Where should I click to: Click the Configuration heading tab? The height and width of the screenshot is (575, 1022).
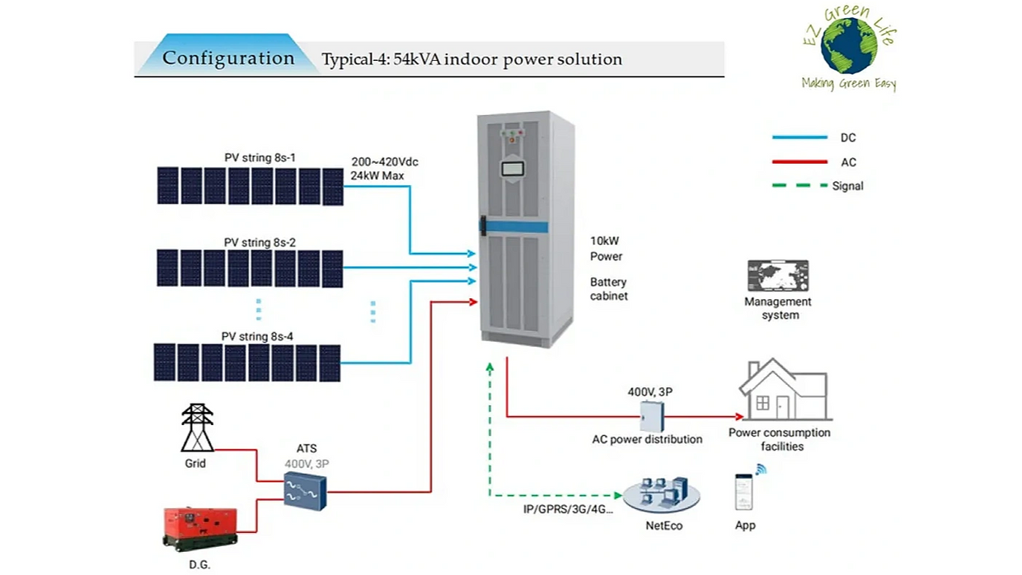point(228,58)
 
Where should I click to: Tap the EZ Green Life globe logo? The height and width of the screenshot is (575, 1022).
point(848,45)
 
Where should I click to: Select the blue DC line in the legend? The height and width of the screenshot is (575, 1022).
point(799,138)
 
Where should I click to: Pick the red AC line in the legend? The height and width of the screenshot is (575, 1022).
point(799,162)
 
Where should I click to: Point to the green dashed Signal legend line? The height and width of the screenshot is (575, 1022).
point(799,186)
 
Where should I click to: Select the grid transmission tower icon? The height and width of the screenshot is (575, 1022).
point(197,428)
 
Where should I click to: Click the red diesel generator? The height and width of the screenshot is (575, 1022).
point(200,527)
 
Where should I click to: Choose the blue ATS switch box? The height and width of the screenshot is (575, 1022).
point(305,492)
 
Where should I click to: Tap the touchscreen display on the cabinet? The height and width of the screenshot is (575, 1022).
point(514,169)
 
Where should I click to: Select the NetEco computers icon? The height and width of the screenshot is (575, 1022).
point(662,492)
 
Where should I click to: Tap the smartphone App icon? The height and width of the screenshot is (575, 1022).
point(745,491)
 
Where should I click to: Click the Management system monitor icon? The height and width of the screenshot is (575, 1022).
point(777,276)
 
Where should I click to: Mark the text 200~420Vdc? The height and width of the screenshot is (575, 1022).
point(385,161)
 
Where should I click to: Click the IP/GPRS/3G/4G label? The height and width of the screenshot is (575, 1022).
point(568,509)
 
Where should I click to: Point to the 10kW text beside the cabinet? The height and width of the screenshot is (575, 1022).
point(604,241)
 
